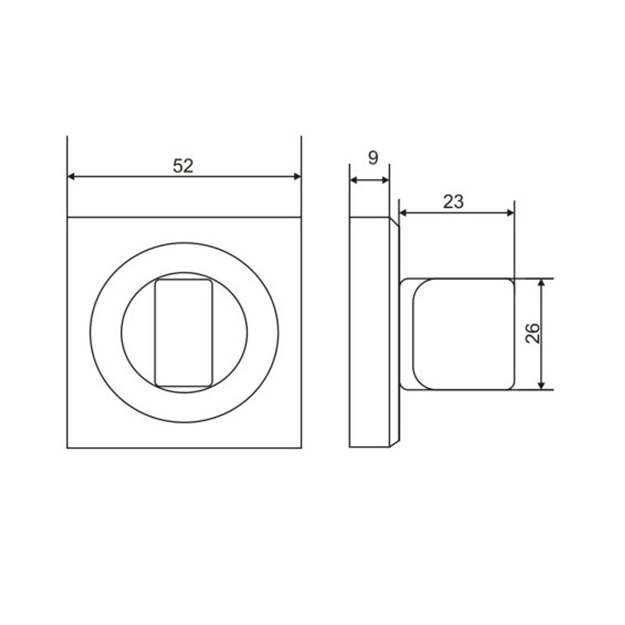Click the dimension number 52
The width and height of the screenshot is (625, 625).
pos(183,166)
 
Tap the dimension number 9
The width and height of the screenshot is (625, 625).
pos(372,158)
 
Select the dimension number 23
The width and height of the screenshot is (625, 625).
pos(454,202)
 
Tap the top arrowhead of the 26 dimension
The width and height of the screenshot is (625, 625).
pos(542,283)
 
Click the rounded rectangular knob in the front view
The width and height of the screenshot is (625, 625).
pos(183,332)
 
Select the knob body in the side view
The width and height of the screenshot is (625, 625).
pos(462,334)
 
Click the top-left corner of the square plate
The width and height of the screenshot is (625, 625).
pos(67,217)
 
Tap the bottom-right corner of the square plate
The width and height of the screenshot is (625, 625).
pos(301,447)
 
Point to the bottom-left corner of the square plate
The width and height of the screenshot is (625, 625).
pos(67,447)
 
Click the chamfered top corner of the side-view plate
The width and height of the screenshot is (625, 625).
pos(394,222)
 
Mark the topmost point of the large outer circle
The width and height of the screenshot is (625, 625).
pos(184,242)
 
